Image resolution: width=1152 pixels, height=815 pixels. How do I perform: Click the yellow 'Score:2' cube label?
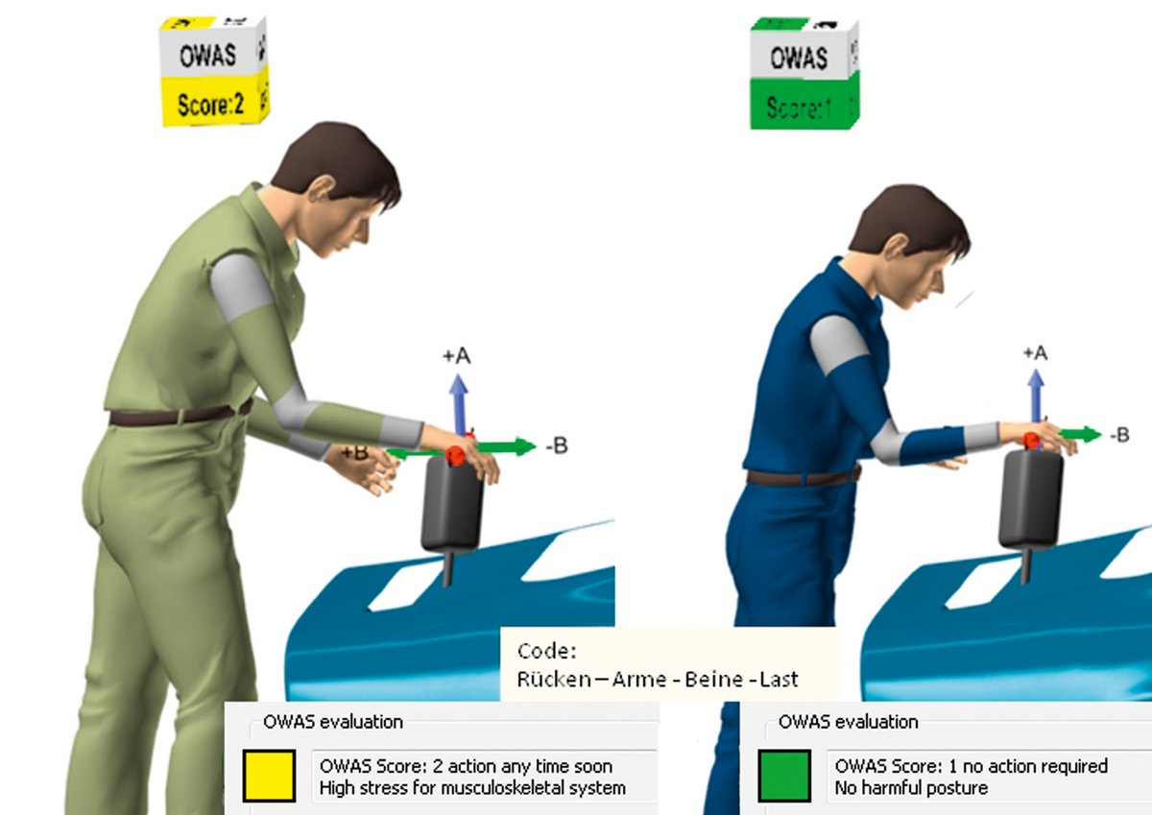210,105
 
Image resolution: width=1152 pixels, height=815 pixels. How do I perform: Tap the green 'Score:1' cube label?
799,108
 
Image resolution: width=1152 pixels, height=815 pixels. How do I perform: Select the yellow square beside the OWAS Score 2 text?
269,776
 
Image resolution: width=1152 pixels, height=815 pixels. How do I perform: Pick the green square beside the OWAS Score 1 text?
784,776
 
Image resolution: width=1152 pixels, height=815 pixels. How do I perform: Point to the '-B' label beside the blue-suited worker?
1119,435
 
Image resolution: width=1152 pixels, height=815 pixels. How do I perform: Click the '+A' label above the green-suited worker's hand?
457,355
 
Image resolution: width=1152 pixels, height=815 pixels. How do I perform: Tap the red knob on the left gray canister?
455,455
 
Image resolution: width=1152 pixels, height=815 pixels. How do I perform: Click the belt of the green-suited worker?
180,415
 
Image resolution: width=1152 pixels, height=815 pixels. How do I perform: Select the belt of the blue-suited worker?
803,478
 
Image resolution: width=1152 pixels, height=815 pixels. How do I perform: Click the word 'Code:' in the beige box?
547,652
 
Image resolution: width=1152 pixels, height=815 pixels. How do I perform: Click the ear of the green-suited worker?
323,188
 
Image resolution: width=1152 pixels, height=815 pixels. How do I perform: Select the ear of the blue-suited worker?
897,247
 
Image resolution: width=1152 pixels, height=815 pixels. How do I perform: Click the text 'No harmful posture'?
911,788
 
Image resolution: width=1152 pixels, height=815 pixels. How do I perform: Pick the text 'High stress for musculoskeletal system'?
472,788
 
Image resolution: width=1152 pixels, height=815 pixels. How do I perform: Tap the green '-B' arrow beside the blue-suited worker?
1079,435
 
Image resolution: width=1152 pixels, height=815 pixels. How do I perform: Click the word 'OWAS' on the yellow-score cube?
207,55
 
